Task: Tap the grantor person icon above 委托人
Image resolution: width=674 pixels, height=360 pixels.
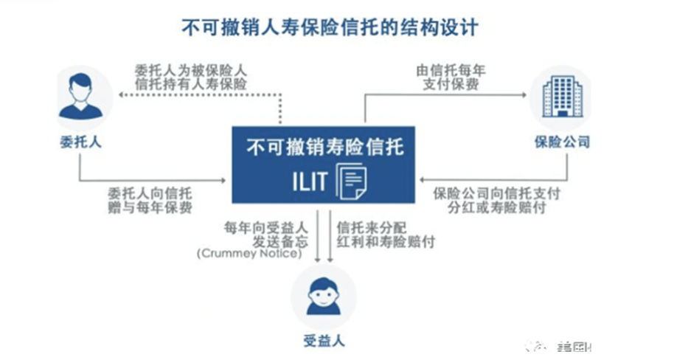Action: pyautogui.click(x=80, y=97)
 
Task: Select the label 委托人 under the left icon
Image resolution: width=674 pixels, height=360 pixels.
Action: pyautogui.click(x=80, y=142)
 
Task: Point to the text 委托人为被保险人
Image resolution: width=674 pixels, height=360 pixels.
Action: pyautogui.click(x=190, y=71)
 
